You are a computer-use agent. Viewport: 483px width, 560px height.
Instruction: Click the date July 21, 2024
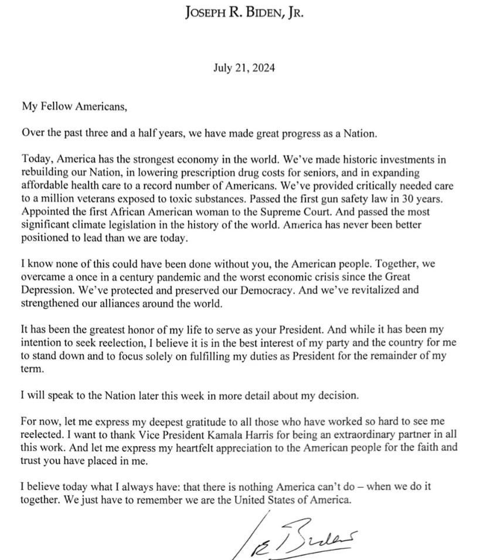244,67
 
